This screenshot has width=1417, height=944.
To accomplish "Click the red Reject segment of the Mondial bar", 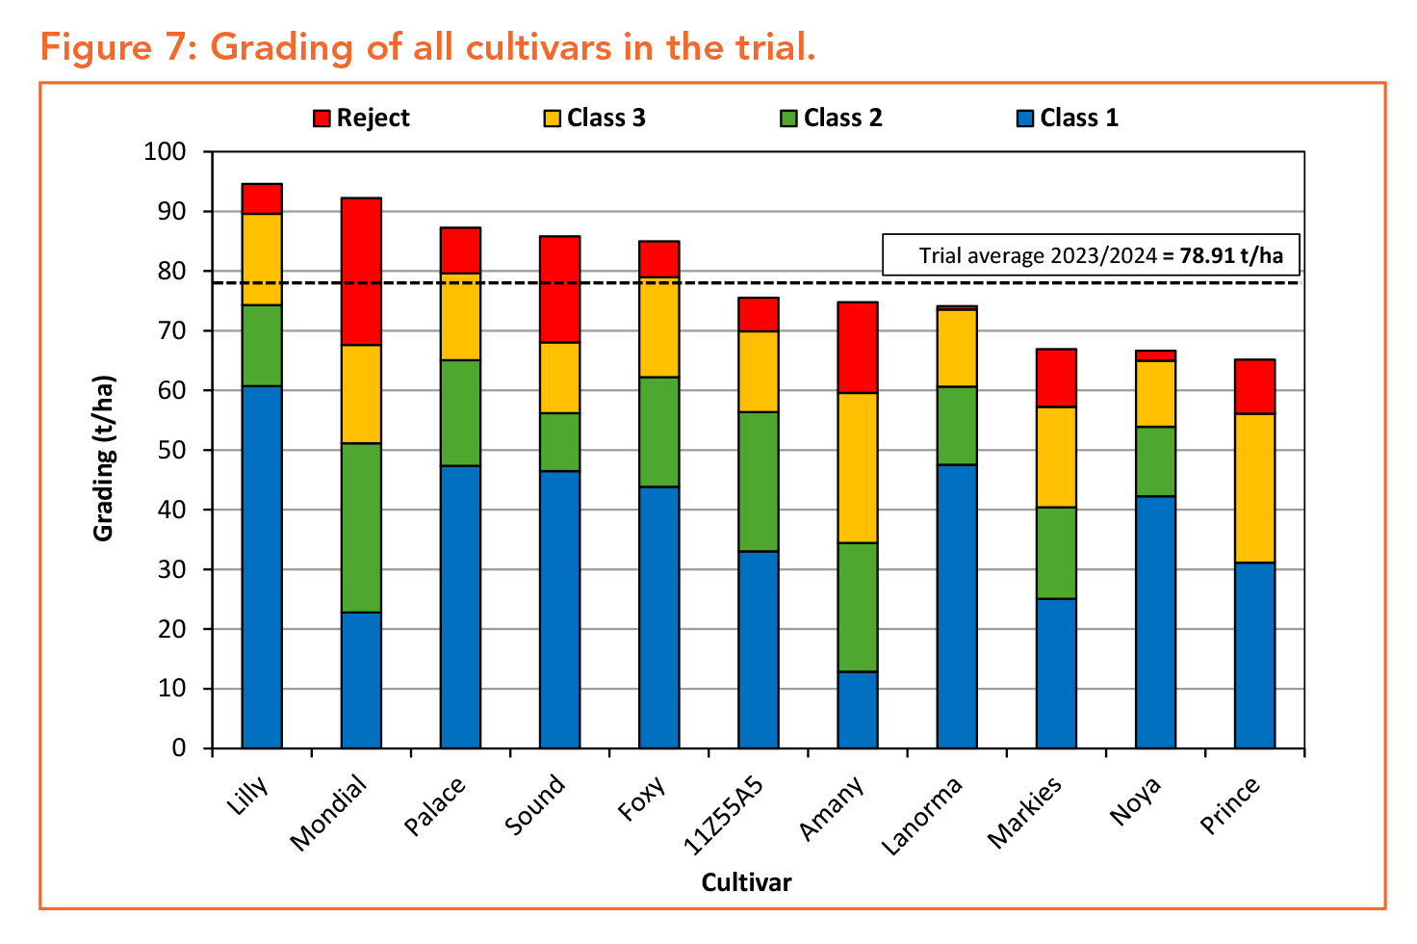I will [361, 271].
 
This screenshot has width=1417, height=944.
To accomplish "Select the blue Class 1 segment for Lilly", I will [262, 566].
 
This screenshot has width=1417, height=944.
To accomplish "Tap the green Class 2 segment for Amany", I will [858, 607].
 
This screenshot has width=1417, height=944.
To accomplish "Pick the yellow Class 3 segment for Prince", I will [1254, 487].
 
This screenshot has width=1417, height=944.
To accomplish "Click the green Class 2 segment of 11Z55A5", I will [759, 481].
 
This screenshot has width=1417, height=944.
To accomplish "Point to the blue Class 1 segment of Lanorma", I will [957, 606].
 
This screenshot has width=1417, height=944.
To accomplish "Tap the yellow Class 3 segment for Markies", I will [1056, 457].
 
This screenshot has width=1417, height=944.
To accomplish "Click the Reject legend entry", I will [362, 118].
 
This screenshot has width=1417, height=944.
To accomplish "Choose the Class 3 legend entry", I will [594, 118].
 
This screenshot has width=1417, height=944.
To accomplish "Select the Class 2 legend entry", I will [831, 118].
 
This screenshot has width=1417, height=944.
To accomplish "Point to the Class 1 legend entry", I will [1068, 118].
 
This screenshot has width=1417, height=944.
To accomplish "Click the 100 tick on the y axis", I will [165, 152].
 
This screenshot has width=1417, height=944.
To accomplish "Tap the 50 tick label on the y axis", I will [172, 451].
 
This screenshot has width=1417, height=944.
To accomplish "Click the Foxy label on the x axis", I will [643, 799].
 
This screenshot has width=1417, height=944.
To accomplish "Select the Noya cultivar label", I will [1136, 800].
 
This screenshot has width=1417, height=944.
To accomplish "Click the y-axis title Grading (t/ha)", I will [104, 458].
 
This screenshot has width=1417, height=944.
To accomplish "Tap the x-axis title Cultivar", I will [746, 882].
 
